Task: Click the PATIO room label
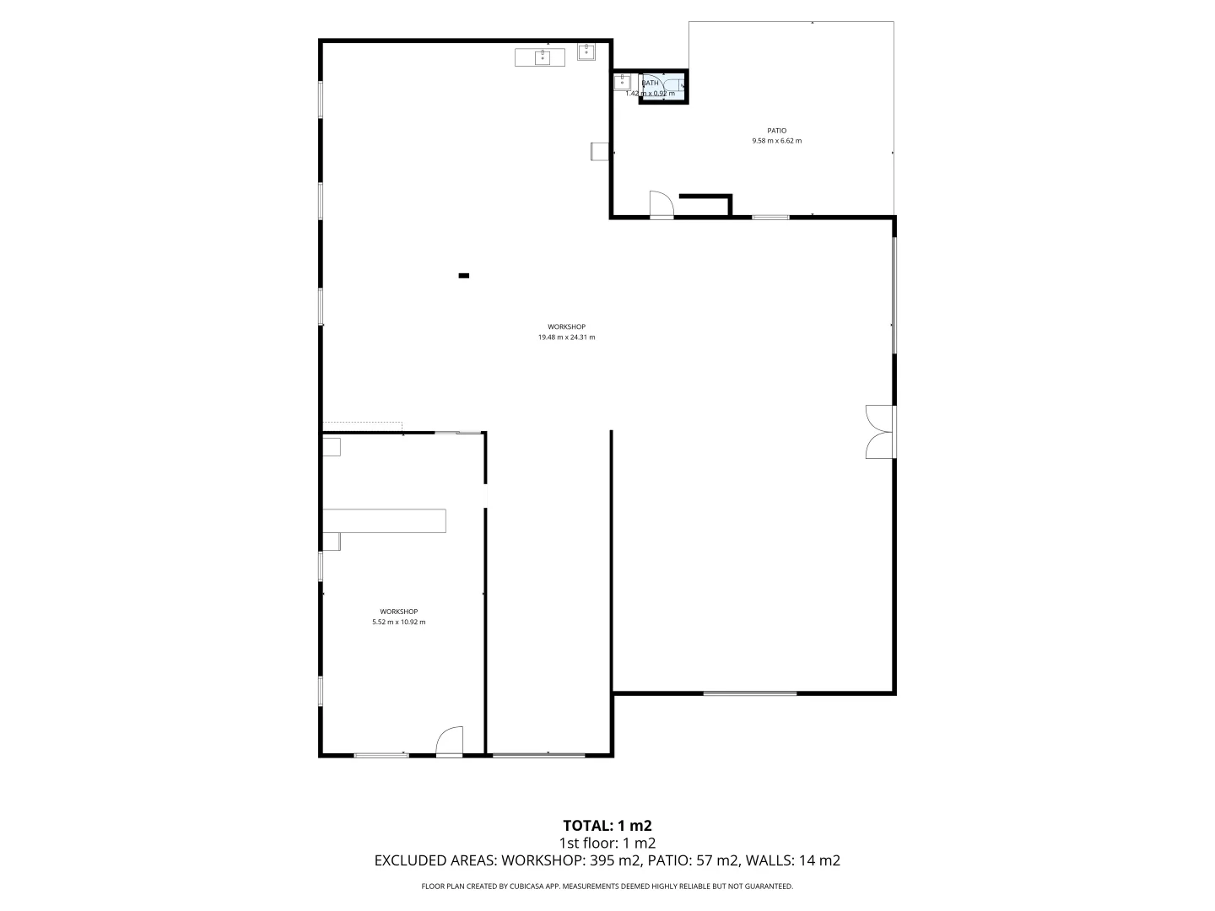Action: click(776, 131)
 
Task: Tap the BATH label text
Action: click(651, 83)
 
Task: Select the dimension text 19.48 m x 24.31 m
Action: click(566, 337)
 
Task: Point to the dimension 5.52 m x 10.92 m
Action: click(398, 623)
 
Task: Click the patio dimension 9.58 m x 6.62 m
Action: click(776, 141)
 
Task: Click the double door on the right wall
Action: click(878, 432)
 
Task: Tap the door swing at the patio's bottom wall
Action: click(661, 204)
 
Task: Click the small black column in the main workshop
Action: click(463, 275)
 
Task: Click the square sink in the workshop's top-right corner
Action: click(586, 51)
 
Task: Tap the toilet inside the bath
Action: click(679, 86)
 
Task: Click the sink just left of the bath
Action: click(622, 82)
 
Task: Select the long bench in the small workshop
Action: click(385, 520)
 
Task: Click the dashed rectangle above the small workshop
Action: click(363, 427)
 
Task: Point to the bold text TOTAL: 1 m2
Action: click(607, 826)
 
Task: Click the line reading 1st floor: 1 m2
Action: click(607, 843)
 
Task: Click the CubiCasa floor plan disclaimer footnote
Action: click(607, 887)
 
